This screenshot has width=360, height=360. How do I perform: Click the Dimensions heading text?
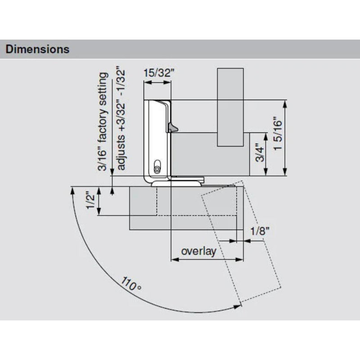pos(37,49)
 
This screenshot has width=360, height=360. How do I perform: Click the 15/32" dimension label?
pos(158,74)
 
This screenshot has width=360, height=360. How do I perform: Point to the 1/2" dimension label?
pos(90,201)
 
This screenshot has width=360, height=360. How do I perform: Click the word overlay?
pos(198,251)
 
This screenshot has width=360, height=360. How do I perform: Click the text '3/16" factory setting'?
pos(103,121)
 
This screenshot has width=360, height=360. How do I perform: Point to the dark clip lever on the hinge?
pos(172,127)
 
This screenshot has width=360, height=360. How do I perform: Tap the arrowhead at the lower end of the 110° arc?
pos(237,307)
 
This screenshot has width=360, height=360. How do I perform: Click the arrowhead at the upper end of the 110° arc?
pos(72,190)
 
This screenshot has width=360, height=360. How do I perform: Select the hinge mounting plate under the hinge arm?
pos(178,183)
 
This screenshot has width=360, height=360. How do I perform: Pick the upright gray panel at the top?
pos(230,107)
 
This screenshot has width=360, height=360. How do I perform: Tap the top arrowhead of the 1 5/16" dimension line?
pos(285,103)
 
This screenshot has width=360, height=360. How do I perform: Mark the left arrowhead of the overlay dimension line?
pos(174,260)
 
